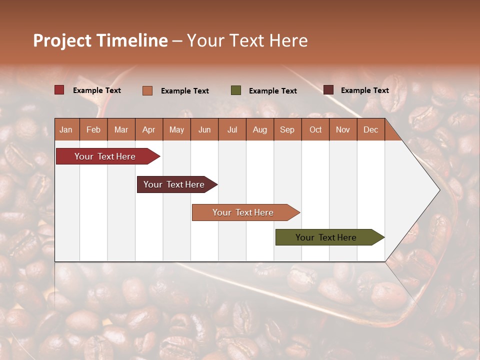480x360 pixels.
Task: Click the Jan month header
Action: (x=66, y=129)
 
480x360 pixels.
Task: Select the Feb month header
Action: (x=93, y=129)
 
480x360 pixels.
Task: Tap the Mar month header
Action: (x=121, y=129)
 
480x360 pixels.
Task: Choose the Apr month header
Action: (x=148, y=129)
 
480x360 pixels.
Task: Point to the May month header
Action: (x=176, y=129)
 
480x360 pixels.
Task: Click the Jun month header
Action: (x=204, y=129)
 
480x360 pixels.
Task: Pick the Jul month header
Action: (x=232, y=129)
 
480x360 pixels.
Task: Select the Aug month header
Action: (x=259, y=129)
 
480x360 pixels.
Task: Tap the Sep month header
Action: (x=287, y=129)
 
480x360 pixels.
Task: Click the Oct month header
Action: (x=315, y=129)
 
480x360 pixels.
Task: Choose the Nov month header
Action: (x=343, y=129)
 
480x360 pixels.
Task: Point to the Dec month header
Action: (x=370, y=129)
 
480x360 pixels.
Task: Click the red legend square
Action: (x=59, y=90)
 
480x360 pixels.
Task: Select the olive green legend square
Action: (x=236, y=90)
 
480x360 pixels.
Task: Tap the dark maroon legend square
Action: (x=328, y=90)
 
